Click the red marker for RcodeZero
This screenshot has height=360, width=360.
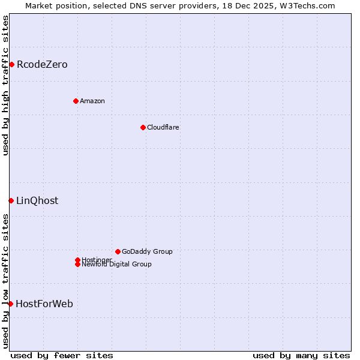pyautogui.click(x=11, y=64)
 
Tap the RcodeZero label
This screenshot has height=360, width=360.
pyautogui.click(x=42, y=65)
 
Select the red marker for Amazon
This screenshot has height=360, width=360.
pyautogui.click(x=76, y=101)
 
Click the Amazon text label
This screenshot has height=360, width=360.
pyautogui.click(x=92, y=101)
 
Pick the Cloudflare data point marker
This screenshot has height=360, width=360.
pyautogui.click(x=143, y=127)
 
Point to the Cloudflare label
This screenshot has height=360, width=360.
pyautogui.click(x=163, y=127)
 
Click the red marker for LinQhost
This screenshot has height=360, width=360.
pyautogui.click(x=11, y=200)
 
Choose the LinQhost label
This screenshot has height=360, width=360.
pyautogui.click(x=37, y=201)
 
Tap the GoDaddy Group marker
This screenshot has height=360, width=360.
pyautogui.click(x=118, y=251)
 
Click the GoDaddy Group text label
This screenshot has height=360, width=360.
pyautogui.click(x=147, y=251)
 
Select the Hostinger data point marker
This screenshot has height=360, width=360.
pyautogui.click(x=77, y=260)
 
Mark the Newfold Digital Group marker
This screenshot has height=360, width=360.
pyautogui.click(x=77, y=264)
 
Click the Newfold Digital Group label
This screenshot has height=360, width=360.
pyautogui.click(x=117, y=265)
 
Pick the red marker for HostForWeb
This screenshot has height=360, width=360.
pyautogui.click(x=10, y=304)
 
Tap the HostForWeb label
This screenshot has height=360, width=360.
pyautogui.click(x=44, y=304)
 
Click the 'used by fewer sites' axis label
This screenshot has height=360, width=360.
pyautogui.click(x=62, y=355)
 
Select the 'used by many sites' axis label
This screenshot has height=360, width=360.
pyautogui.click(x=301, y=355)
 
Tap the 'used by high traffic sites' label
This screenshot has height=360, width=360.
pyautogui.click(x=5, y=85)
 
